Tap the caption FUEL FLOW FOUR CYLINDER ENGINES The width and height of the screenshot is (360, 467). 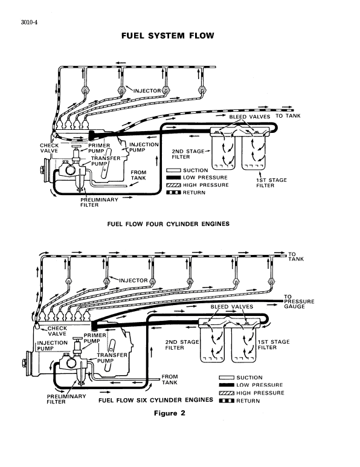point(169,224)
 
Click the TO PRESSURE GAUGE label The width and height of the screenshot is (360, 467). point(299,301)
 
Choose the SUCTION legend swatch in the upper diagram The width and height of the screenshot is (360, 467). point(174,170)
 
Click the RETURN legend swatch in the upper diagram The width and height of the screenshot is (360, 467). point(174,193)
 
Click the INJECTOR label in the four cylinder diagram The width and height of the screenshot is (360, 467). point(144,91)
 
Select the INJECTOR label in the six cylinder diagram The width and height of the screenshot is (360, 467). point(133,280)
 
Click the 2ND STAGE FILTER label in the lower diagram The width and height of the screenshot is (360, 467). point(182,345)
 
